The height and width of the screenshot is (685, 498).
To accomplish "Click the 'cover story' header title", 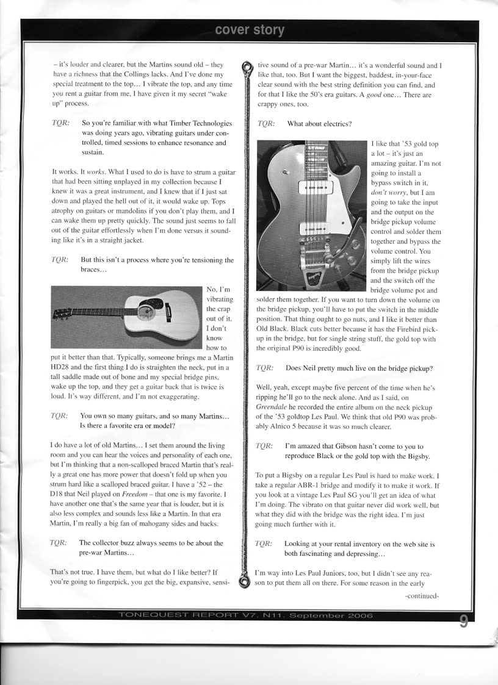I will click(x=249, y=30).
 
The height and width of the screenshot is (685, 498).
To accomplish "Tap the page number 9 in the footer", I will click(x=464, y=622).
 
